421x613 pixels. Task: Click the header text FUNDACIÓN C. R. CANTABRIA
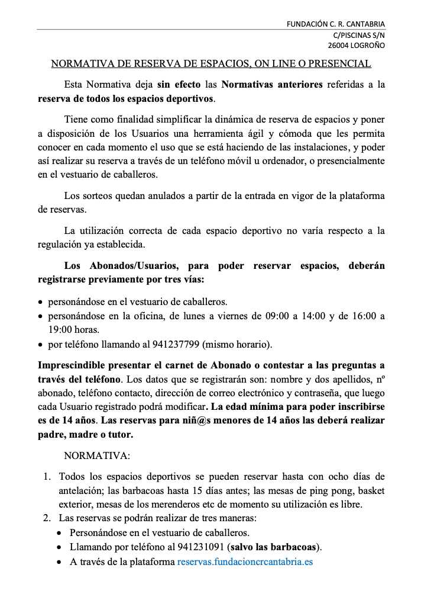[335, 24]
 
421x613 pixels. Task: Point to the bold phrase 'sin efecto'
[179, 85]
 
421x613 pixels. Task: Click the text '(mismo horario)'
[247, 344]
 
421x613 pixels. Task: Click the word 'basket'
[371, 490]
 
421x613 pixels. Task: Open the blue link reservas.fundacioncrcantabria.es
[245, 561]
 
